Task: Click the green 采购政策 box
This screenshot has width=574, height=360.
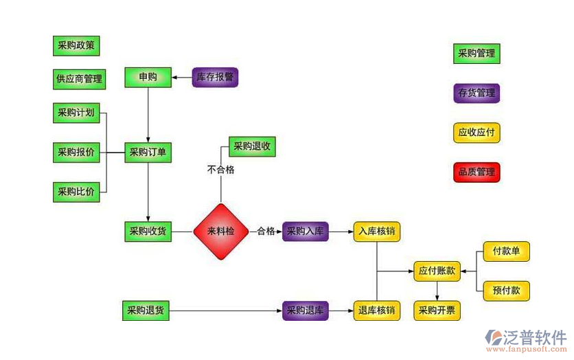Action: pos(76,46)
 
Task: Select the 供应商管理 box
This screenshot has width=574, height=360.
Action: pos(79,80)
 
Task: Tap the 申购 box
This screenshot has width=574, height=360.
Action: pos(148,77)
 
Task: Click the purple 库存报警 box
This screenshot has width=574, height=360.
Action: pos(215,77)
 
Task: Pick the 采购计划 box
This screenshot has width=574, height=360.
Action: pos(76,113)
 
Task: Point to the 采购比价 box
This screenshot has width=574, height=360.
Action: pos(76,192)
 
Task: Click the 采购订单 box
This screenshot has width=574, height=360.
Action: pos(148,153)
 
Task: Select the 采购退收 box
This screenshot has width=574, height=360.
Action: pos(252,146)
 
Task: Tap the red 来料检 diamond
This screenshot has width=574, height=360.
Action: pos(220,232)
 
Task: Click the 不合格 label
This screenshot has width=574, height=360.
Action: pos(220,170)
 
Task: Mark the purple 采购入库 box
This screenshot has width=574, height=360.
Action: pos(306,232)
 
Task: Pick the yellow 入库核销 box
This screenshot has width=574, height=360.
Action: pos(376,232)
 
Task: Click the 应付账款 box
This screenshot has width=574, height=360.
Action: pos(437,271)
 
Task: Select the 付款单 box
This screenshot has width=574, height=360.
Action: pos(506,251)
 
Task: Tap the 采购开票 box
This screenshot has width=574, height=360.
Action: pos(437,311)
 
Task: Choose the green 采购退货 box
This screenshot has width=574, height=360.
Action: pos(145,311)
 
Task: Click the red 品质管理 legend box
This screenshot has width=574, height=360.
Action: pos(477,172)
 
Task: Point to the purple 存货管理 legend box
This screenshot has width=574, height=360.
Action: pos(477,93)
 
